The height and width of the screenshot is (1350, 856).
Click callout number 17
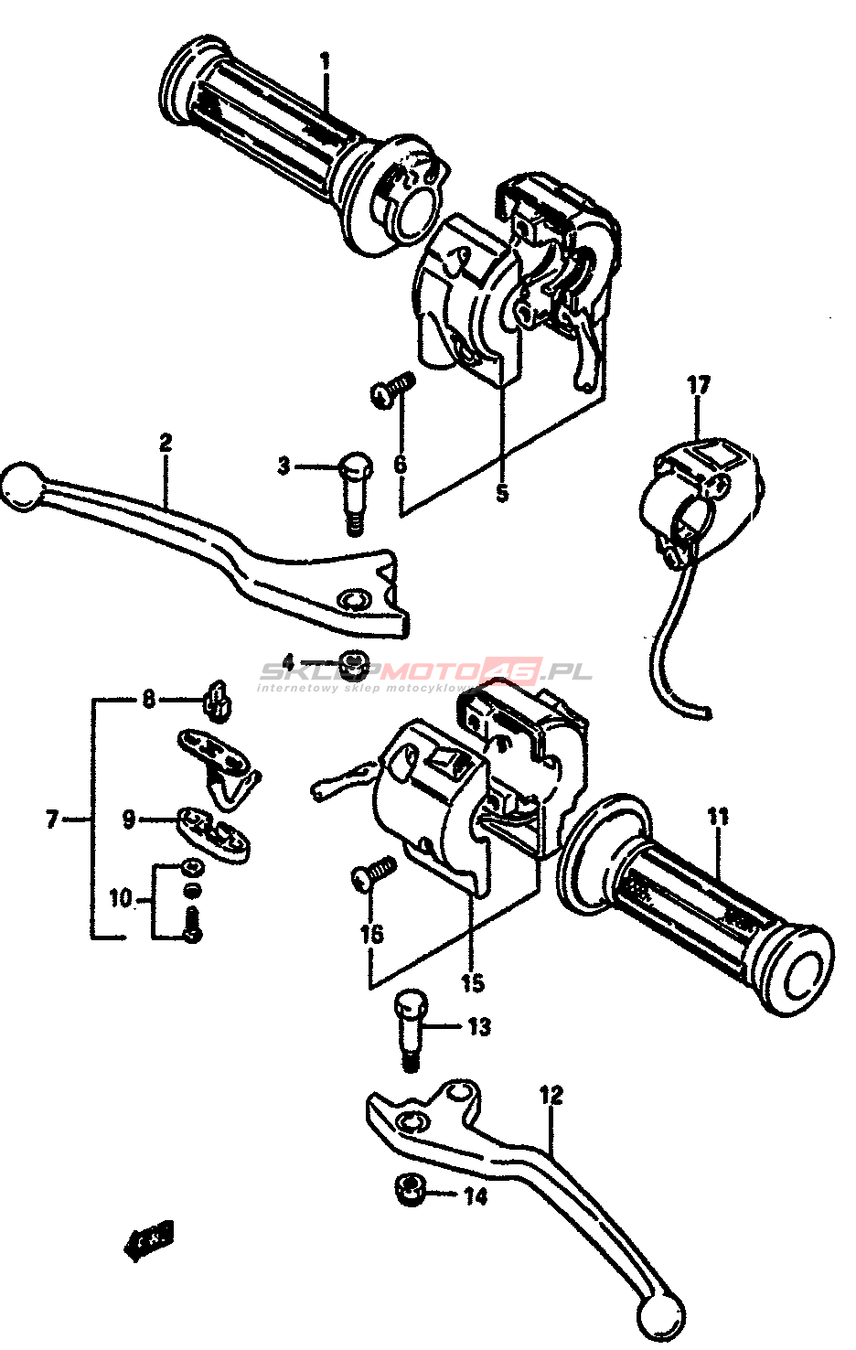(698, 386)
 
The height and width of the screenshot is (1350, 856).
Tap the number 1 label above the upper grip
(325, 62)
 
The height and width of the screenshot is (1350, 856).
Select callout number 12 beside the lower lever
(551, 1095)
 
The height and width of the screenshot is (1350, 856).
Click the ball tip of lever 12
(660, 1317)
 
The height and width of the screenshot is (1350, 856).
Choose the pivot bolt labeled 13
(409, 1030)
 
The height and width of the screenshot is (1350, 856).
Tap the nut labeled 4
(353, 661)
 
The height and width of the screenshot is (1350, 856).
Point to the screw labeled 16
(373, 873)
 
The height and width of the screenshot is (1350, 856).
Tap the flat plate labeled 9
(218, 830)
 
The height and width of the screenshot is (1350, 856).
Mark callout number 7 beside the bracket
(51, 819)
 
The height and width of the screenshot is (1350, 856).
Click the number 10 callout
(121, 898)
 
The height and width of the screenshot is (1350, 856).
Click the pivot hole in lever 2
(351, 600)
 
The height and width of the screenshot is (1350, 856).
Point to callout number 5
(501, 492)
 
